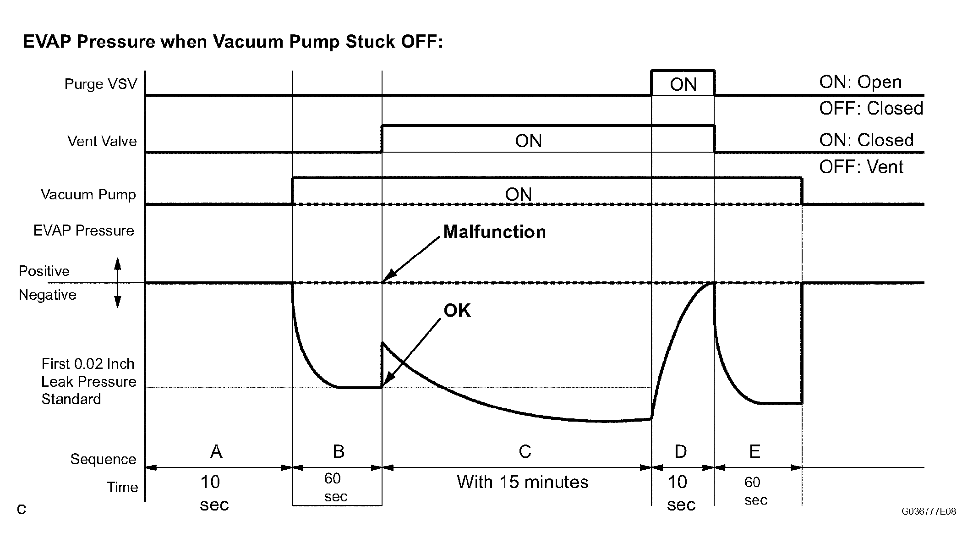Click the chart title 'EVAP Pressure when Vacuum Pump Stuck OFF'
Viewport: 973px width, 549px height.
(x=233, y=42)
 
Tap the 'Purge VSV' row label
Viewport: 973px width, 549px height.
(x=101, y=84)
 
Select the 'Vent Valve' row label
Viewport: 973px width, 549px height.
(x=102, y=141)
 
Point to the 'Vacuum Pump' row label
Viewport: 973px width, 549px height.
(x=88, y=194)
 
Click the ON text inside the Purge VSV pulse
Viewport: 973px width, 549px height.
(x=683, y=85)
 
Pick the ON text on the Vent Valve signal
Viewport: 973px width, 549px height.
(x=528, y=141)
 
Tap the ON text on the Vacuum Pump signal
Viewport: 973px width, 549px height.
(x=518, y=195)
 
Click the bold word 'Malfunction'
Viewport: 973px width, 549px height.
(x=495, y=232)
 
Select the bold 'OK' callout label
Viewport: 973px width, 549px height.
(x=457, y=311)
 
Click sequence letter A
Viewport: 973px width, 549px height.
(x=216, y=452)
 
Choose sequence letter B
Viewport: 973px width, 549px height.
(x=339, y=452)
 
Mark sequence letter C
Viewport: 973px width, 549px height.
(x=525, y=452)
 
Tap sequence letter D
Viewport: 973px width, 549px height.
(x=681, y=452)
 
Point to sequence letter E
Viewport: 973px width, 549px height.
(x=754, y=452)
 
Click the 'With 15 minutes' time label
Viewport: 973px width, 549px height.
(x=523, y=482)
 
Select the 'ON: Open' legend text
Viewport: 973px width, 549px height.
(x=860, y=82)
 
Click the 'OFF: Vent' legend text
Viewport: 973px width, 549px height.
(x=861, y=167)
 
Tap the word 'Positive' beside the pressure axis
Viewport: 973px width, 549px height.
(x=44, y=271)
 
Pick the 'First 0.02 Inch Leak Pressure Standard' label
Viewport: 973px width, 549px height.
(x=88, y=381)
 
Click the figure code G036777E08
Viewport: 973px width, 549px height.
(x=929, y=511)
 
